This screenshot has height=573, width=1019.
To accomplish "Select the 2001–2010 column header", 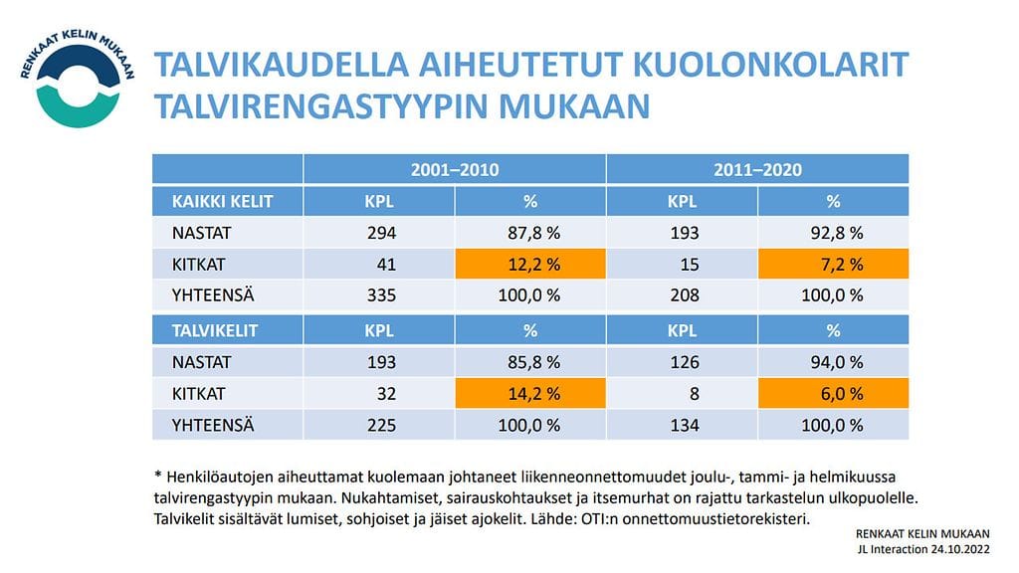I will click(455, 169).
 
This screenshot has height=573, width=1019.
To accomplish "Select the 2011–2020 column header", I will click(757, 169).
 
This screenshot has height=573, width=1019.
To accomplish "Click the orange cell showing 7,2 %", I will click(833, 265).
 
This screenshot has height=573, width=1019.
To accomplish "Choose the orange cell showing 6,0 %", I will click(833, 393).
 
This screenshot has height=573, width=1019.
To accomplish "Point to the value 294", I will click(379, 233).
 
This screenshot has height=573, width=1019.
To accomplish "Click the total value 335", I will click(379, 295).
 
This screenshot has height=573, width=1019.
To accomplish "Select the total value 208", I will click(683, 295).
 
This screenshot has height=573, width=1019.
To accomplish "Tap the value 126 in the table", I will click(683, 362).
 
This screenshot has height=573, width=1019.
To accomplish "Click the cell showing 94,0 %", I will click(833, 362).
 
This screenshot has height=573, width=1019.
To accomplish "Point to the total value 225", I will click(379, 425).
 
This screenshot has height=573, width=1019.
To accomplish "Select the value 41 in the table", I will click(386, 265).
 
